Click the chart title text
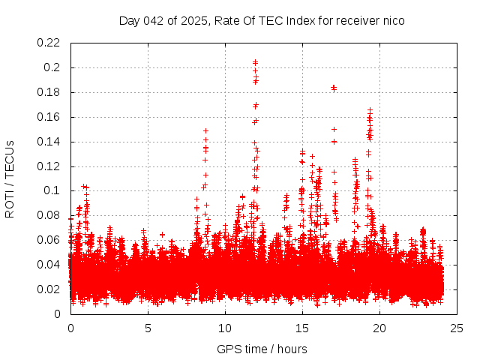pyautogui.click(x=262, y=20)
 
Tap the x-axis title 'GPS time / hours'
pyautogui.click(x=262, y=349)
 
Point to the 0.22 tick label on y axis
pyautogui.click(x=49, y=43)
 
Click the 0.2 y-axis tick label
pyautogui.click(x=54, y=67)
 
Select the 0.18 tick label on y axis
pyautogui.click(x=49, y=92)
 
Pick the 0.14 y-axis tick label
pyautogui.click(x=49, y=142)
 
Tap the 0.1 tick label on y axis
pyautogui.click(x=54, y=190)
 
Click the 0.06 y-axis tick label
pyautogui.click(x=49, y=240)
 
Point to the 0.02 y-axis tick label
pyautogui.click(x=49, y=289)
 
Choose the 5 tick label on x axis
pyautogui.click(x=148, y=328)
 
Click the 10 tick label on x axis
pyautogui.click(x=226, y=328)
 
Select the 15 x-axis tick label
pyautogui.click(x=303, y=328)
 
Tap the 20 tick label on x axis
pyautogui.click(x=380, y=328)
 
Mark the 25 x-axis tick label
pyautogui.click(x=457, y=328)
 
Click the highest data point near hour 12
pyautogui.click(x=256, y=62)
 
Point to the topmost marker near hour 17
pyautogui.click(x=334, y=87)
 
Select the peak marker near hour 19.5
pyautogui.click(x=370, y=110)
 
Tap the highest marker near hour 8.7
pyautogui.click(x=205, y=130)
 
